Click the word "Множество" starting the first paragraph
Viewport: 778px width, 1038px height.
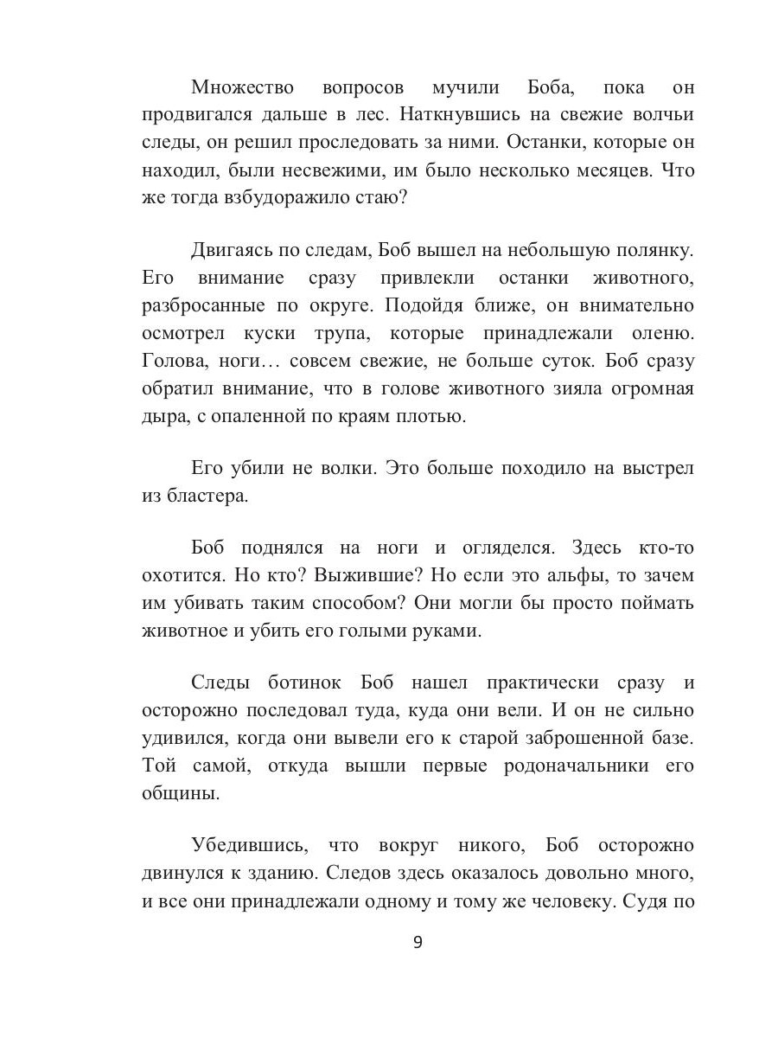click(243, 87)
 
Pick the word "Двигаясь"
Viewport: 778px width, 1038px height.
click(230, 252)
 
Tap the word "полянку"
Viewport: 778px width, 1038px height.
click(650, 252)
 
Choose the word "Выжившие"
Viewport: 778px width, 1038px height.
click(367, 575)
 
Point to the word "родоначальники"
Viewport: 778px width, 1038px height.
click(572, 766)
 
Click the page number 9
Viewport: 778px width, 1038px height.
click(418, 942)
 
